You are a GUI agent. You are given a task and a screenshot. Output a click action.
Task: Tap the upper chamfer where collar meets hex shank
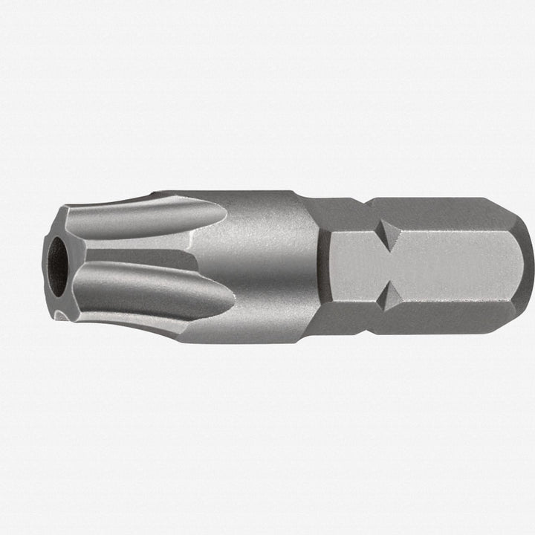[x=316, y=212]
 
